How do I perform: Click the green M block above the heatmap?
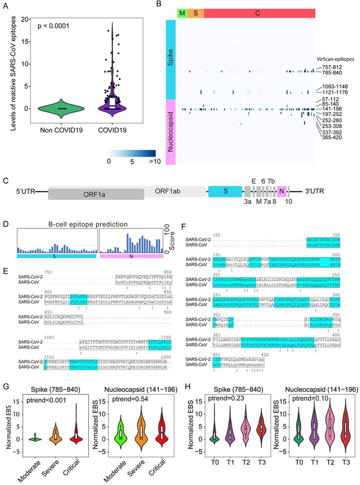coord(182,13)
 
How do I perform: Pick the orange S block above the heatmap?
coord(195,13)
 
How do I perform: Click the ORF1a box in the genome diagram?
coord(95,193)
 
